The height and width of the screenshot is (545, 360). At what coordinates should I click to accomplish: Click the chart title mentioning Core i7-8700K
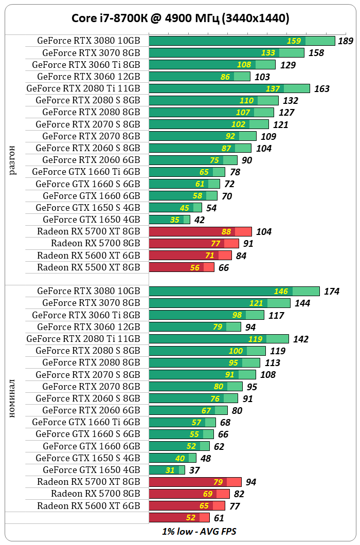(x=179, y=19)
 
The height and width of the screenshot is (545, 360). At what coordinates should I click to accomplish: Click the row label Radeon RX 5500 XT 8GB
(x=88, y=267)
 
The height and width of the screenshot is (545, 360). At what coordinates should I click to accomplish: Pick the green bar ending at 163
(x=229, y=88)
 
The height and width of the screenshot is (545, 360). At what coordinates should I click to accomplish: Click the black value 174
(x=332, y=292)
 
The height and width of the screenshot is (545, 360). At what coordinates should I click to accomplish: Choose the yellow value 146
(x=281, y=292)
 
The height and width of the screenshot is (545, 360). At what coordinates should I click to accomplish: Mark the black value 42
(x=199, y=220)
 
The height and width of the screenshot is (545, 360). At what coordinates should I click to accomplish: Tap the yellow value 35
(x=175, y=220)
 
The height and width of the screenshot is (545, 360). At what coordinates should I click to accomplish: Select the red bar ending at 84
(x=190, y=256)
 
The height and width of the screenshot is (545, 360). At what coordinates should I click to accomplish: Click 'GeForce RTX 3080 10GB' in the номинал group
(x=88, y=291)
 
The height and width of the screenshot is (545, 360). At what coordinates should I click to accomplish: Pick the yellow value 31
(x=170, y=470)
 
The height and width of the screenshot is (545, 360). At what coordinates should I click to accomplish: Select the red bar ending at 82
(x=189, y=494)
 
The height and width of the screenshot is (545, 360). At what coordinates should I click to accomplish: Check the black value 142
(x=301, y=339)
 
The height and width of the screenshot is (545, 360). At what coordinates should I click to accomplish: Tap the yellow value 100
(x=236, y=351)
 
